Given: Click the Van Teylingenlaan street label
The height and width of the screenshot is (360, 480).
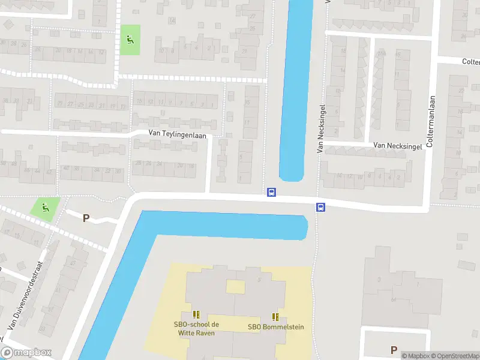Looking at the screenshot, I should point(178,136).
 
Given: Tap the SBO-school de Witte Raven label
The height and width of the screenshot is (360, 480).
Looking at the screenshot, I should point(196,328).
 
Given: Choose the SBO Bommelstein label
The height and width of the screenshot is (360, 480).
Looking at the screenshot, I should point(275,327).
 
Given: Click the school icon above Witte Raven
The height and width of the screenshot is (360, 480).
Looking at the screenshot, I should point(196,314).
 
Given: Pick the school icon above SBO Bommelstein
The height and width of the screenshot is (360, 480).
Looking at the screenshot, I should point(275,316).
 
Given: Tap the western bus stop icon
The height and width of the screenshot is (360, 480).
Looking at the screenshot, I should point(271,193).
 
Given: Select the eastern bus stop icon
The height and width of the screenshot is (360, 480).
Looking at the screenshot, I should point(321,208).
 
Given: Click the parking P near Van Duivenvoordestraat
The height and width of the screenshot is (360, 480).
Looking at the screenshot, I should point(86,218).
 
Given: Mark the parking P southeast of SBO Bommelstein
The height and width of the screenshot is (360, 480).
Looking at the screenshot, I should point(394,350).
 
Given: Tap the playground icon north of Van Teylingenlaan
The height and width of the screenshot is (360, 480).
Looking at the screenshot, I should point(130,40).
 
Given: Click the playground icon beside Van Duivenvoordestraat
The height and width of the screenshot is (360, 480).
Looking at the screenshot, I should point(46,208).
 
